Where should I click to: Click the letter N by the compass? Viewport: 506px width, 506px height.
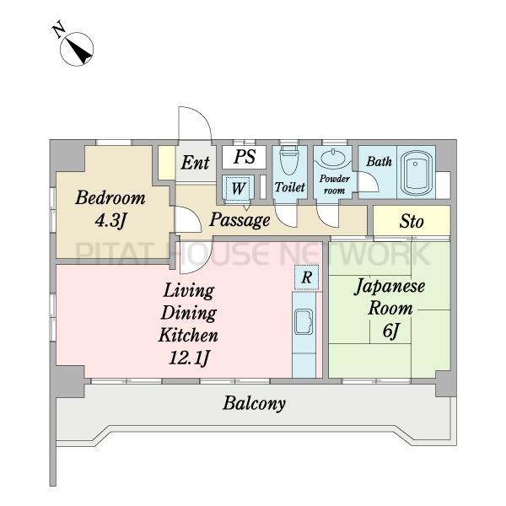click(58, 30)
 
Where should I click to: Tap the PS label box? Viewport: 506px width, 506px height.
click(245, 157)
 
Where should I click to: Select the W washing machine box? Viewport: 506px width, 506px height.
click(238, 188)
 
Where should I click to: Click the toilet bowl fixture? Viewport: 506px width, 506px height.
click(288, 159)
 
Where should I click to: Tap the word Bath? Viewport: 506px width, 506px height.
click(379, 161)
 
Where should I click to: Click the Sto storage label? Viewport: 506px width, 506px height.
click(412, 221)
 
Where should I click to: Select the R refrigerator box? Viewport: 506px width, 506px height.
click(306, 277)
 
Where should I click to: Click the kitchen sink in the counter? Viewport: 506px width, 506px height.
click(304, 322)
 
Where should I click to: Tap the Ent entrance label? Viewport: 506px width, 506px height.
click(196, 162)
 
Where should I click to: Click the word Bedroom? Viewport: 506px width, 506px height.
click(110, 198)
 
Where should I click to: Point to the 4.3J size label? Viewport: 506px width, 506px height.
click(110, 220)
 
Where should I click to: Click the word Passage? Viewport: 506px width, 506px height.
click(240, 220)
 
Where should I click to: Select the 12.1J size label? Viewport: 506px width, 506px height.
click(189, 358)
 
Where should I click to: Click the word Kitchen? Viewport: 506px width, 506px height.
click(188, 335)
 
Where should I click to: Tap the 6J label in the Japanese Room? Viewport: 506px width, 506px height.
click(391, 331)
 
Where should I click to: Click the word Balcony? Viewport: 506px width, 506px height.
click(255, 403)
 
